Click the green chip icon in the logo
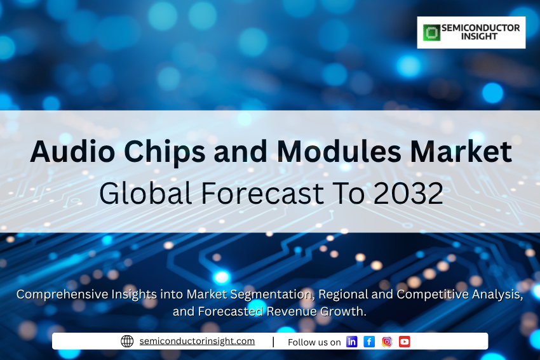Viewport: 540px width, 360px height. [x=431, y=32]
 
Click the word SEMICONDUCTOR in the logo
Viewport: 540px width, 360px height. [x=480, y=28]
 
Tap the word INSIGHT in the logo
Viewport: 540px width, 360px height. [x=479, y=36]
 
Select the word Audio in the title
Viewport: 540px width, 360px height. [x=72, y=152]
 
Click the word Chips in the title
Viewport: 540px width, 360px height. [x=165, y=152]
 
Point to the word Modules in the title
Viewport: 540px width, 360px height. [x=339, y=152]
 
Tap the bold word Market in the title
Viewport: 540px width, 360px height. [x=461, y=152]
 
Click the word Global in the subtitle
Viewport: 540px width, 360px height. [x=145, y=193]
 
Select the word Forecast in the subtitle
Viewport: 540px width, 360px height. [x=262, y=194]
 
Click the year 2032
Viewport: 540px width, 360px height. [x=408, y=194]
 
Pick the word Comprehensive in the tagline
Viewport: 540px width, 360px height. [x=62, y=295]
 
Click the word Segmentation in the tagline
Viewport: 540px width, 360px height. [x=272, y=295]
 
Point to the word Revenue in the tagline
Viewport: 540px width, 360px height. [x=292, y=312]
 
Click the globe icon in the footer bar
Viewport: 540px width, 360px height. [x=127, y=341]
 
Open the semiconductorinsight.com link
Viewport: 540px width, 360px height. [x=197, y=341]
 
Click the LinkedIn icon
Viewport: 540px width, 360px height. [x=351, y=342]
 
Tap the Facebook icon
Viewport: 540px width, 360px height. [x=369, y=342]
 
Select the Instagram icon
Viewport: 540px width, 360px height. [x=387, y=342]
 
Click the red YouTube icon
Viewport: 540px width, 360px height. [x=405, y=342]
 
